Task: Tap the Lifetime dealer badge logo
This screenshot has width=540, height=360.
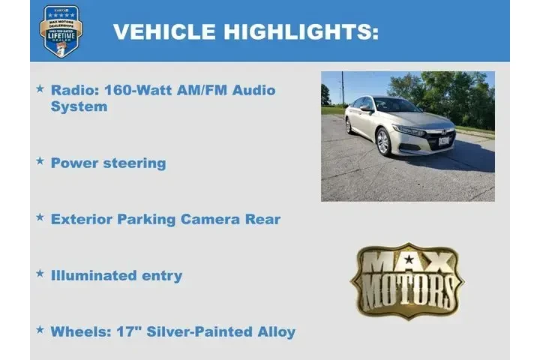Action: pos(61,31)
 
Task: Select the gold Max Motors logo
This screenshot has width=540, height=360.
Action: pos(407,280)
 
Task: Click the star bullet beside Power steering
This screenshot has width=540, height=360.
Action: pos(40,162)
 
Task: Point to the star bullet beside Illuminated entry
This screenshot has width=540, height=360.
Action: pos(40,274)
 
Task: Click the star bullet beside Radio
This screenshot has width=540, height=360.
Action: pos(40,89)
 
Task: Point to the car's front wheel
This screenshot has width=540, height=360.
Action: pos(383,141)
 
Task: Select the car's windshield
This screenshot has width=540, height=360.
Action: pos(396,106)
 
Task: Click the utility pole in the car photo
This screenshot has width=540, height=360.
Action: pos(342,88)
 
